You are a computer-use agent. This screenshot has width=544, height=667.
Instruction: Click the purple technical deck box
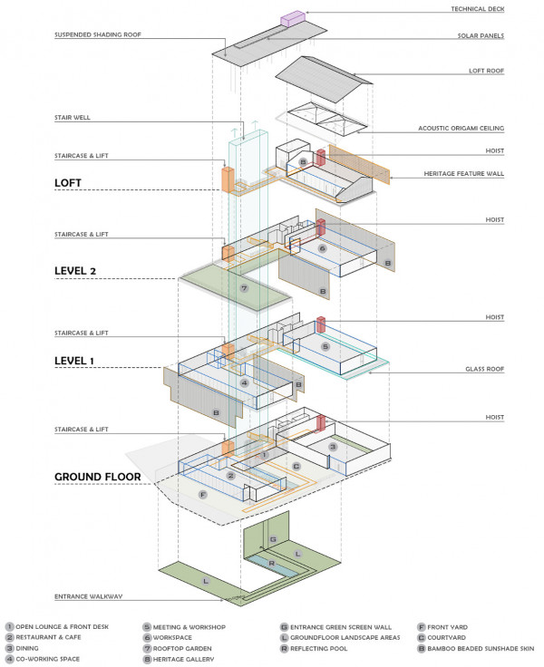296,17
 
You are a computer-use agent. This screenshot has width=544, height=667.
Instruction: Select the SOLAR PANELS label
506,36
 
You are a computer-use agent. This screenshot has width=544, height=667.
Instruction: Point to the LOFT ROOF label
511,70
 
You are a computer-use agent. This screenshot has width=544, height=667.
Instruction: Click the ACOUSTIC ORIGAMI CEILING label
485,129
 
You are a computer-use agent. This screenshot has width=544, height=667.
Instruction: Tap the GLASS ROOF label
511,370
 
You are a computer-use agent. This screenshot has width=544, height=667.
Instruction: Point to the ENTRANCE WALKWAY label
89,595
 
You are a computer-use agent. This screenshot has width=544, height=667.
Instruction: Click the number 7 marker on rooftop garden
244,289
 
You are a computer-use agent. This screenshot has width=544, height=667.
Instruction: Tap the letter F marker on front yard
203,496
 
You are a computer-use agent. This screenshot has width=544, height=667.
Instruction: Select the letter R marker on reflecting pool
271,563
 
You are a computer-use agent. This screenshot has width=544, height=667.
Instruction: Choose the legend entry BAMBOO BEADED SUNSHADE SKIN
477,649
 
